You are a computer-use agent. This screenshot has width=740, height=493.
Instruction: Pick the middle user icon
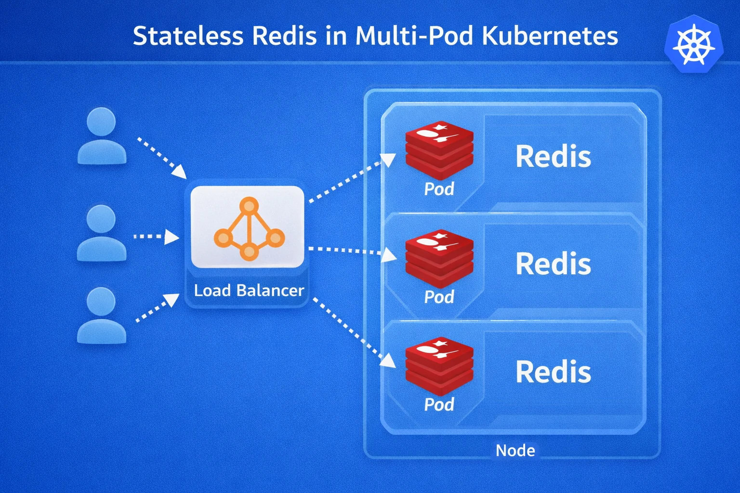pyautogui.click(x=102, y=233)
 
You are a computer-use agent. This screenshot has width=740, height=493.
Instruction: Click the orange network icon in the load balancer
pyautogui.click(x=249, y=229)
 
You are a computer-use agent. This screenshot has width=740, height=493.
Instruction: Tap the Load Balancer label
pyautogui.click(x=249, y=290)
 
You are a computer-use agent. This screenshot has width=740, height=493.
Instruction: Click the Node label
pyautogui.click(x=515, y=451)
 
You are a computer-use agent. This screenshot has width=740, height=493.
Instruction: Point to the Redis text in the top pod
pyautogui.click(x=553, y=156)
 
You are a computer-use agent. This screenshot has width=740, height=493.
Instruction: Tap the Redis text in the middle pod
pyautogui.click(x=553, y=264)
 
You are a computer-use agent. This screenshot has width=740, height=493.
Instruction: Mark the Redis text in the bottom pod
pyautogui.click(x=553, y=372)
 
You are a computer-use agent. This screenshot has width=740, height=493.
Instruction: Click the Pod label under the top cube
pyautogui.click(x=439, y=189)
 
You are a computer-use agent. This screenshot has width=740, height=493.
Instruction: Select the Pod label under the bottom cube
pyautogui.click(x=439, y=404)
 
